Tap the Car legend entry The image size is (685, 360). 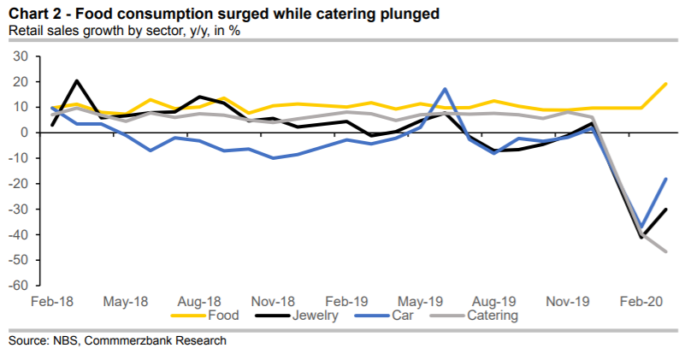(405, 315)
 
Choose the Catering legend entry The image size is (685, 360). (492, 315)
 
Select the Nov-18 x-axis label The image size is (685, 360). (274, 302)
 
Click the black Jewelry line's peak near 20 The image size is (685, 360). (77, 81)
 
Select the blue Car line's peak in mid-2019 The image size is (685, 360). (445, 88)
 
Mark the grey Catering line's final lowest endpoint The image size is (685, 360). (666, 251)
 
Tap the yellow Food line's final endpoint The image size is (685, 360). (666, 84)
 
